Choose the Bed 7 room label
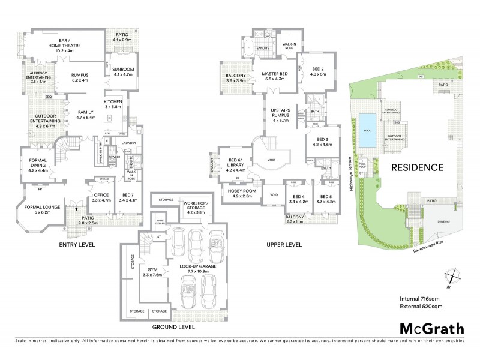[x=128, y=197]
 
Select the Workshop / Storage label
[x=194, y=209]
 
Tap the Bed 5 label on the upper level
[x=326, y=199]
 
